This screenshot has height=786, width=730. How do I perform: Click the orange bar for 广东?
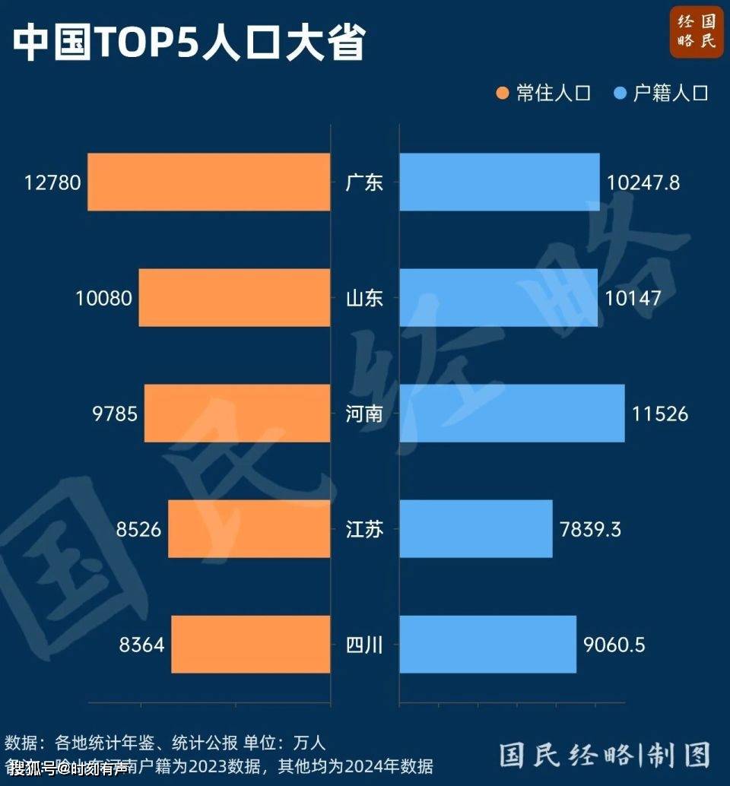pyautogui.click(x=209, y=182)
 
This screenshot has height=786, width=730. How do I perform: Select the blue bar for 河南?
pyautogui.click(x=512, y=414)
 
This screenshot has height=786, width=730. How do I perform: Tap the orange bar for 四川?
pyautogui.click(x=251, y=645)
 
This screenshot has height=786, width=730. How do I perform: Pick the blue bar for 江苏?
pyautogui.click(x=476, y=529)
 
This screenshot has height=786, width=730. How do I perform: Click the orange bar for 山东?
pyautogui.click(x=234, y=298)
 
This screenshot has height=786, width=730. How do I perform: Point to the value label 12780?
pyautogui.click(x=52, y=182)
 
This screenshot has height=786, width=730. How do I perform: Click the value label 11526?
pyautogui.click(x=660, y=414)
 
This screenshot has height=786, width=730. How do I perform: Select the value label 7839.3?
pyautogui.click(x=590, y=529)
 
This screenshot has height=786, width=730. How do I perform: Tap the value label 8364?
pyautogui.click(x=141, y=645)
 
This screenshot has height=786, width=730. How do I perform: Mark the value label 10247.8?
pyautogui.click(x=643, y=182)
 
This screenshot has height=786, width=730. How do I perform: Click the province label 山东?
pyautogui.click(x=364, y=298)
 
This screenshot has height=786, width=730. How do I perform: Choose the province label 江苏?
pyautogui.click(x=364, y=529)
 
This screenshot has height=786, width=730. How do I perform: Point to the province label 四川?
pyautogui.click(x=364, y=645)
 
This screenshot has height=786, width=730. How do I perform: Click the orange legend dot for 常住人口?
pyautogui.click(x=502, y=93)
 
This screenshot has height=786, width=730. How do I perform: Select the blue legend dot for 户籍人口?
pyautogui.click(x=619, y=93)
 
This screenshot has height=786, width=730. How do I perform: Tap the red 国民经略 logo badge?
pyautogui.click(x=697, y=32)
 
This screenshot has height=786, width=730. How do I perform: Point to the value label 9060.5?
pyautogui.click(x=614, y=645)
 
